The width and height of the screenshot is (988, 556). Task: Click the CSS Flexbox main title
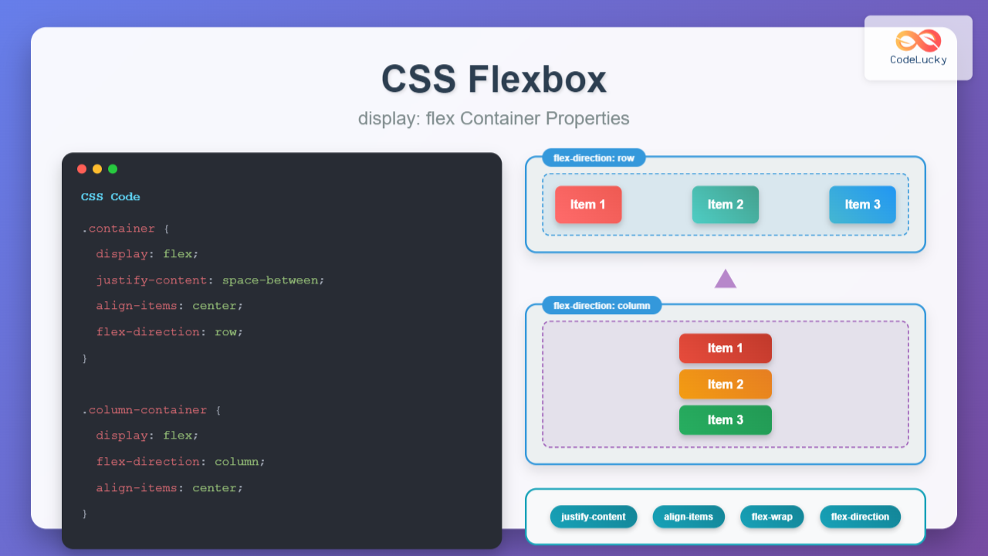click(x=494, y=79)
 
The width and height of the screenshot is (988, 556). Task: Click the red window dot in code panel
click(x=82, y=169)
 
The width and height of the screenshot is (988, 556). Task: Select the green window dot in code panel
click(x=113, y=169)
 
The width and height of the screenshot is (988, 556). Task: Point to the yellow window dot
click(x=97, y=169)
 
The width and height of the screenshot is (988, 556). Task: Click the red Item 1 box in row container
click(x=588, y=205)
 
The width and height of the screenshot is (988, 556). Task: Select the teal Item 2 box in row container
click(x=726, y=205)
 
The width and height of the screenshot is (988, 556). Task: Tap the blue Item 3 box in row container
click(x=862, y=205)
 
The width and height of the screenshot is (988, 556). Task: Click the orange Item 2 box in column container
click(x=726, y=385)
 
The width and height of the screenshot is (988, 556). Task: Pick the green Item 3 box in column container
click(x=726, y=420)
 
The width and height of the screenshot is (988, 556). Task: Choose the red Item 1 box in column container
click(x=726, y=348)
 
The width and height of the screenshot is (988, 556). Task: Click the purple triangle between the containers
click(x=726, y=280)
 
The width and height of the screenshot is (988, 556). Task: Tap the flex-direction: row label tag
click(x=594, y=158)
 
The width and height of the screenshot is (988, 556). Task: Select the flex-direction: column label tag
click(x=601, y=306)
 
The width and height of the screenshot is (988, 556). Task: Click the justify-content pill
click(x=594, y=517)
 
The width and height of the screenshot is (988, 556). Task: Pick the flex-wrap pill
click(x=772, y=517)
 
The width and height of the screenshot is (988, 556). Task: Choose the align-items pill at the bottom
click(x=689, y=517)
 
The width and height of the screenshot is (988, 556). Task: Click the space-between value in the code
click(x=270, y=280)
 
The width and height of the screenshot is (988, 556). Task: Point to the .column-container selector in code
click(x=144, y=410)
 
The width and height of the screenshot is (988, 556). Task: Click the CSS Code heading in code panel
click(x=110, y=197)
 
